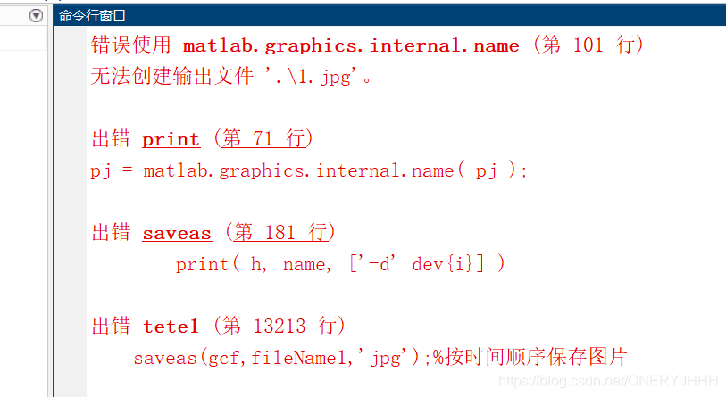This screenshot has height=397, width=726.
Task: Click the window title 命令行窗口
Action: click(93, 15)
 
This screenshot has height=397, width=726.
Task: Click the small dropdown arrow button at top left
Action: click(37, 15)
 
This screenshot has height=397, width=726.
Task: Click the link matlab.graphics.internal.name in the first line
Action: click(351, 45)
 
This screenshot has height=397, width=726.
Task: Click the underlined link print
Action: click(171, 139)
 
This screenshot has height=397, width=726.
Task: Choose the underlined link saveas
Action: click(177, 233)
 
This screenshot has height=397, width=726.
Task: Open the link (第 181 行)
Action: click(280, 233)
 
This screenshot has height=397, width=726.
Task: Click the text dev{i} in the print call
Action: click(444, 264)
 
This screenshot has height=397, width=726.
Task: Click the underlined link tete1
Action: click(171, 327)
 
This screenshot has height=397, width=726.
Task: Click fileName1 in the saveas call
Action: click(294, 359)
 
